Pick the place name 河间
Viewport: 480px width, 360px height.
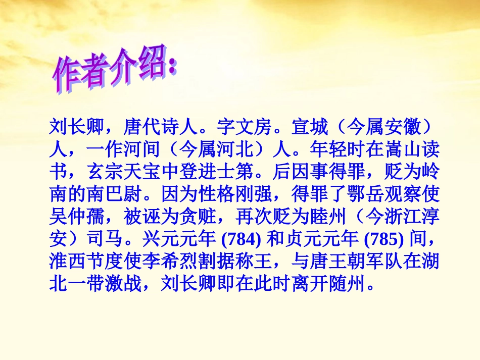(x=138, y=151)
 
